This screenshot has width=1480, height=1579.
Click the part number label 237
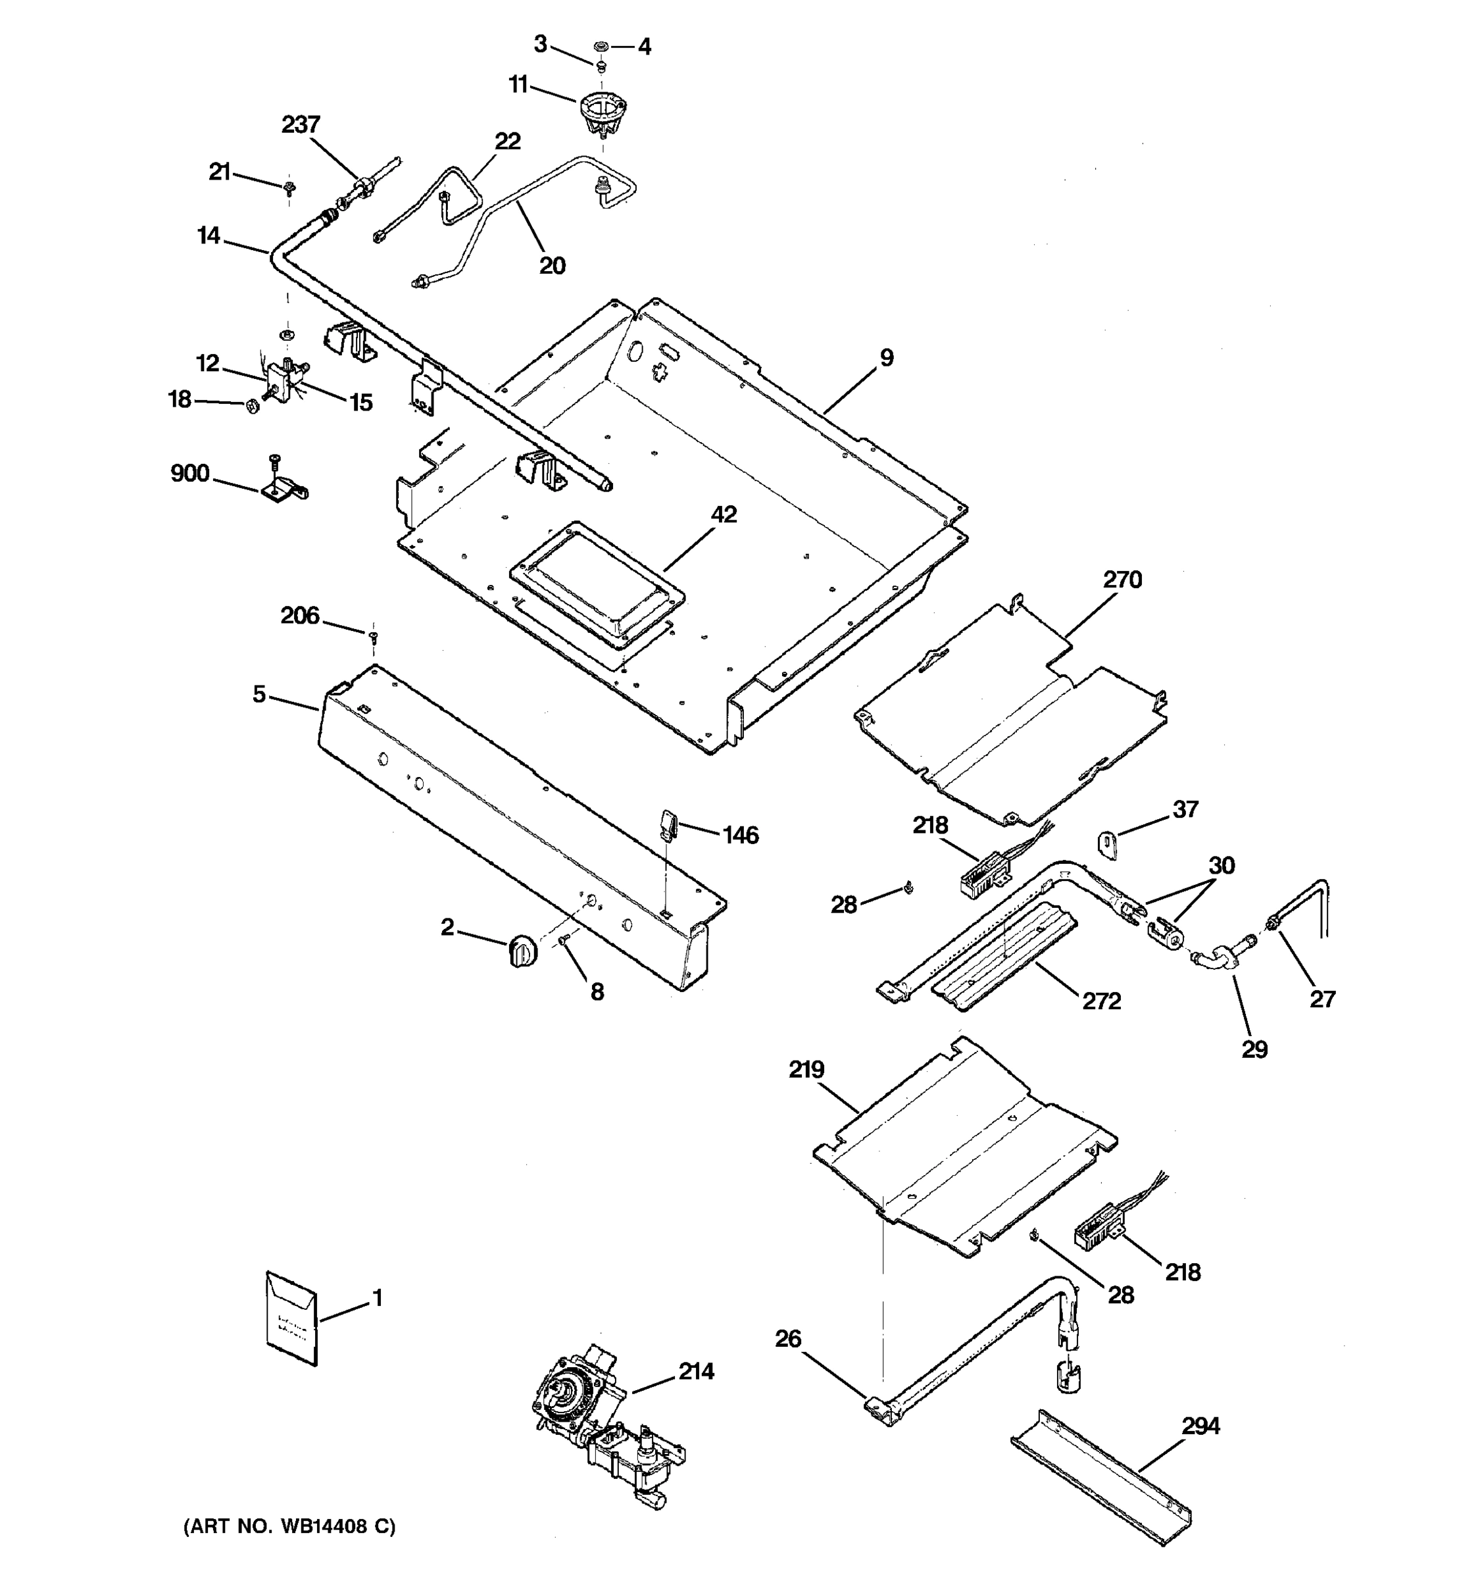point(301,125)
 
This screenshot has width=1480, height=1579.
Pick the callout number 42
point(724,514)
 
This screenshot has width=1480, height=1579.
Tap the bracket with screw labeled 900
point(283,487)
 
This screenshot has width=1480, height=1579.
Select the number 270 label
point(1122,580)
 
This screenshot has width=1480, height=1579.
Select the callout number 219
point(806,1070)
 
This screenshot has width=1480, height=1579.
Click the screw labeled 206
point(373,637)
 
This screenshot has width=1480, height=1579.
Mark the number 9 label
point(887,358)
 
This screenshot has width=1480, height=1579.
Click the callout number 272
point(1101,1001)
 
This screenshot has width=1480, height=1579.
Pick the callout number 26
point(789,1339)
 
